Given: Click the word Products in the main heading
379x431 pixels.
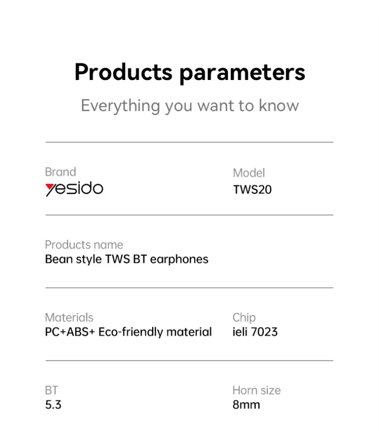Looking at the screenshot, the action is pyautogui.click(x=123, y=72).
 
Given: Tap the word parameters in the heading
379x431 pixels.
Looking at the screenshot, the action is pyautogui.click(x=243, y=73).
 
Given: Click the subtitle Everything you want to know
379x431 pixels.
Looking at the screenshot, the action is pyautogui.click(x=189, y=106).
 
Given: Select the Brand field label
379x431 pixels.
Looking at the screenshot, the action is pyautogui.click(x=60, y=172).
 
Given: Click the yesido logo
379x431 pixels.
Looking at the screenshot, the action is pyautogui.click(x=74, y=189).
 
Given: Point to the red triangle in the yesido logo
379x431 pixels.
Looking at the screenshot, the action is pyautogui.click(x=50, y=186).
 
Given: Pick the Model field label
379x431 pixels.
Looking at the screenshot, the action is pyautogui.click(x=249, y=173).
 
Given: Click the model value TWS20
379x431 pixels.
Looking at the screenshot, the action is pyautogui.click(x=252, y=189).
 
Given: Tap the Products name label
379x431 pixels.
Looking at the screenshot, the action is pyautogui.click(x=84, y=245).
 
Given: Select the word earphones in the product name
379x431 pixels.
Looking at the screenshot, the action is pyautogui.click(x=179, y=259).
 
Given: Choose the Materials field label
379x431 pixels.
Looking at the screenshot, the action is pyautogui.click(x=69, y=317).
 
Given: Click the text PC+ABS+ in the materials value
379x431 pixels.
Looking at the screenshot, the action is pyautogui.click(x=70, y=332).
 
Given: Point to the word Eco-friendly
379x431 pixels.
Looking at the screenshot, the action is pyautogui.click(x=131, y=332).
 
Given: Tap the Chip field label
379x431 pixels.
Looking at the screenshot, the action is pyautogui.click(x=244, y=318).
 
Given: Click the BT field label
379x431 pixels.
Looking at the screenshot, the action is pyautogui.click(x=52, y=390).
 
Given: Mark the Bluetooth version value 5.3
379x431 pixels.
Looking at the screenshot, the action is pyautogui.click(x=53, y=405).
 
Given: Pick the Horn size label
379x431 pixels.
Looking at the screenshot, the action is pyautogui.click(x=256, y=390).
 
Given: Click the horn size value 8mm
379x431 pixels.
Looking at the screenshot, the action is pyautogui.click(x=246, y=405).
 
